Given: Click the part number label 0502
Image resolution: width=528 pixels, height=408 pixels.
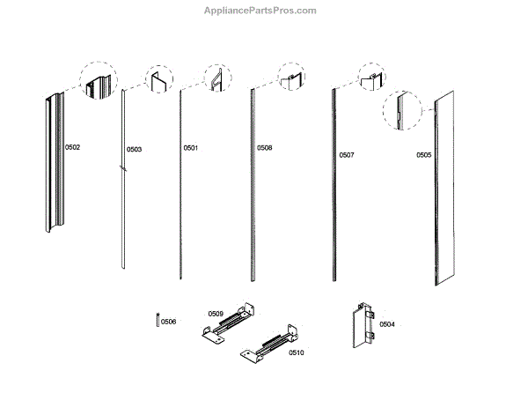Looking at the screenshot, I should click(x=72, y=147).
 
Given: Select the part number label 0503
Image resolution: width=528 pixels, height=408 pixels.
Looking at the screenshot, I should click(x=134, y=149).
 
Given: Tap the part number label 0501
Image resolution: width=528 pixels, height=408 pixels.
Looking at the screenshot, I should click(x=191, y=148).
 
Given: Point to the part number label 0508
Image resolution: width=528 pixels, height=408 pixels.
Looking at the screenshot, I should click(x=264, y=148).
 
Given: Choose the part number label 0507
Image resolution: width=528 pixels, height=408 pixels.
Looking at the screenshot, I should click(x=347, y=155).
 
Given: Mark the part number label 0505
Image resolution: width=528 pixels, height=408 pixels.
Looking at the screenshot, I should click(x=424, y=155).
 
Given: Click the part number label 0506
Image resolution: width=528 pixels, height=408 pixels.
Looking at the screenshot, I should click(x=168, y=322).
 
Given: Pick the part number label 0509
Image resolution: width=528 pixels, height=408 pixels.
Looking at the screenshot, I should click(x=216, y=313).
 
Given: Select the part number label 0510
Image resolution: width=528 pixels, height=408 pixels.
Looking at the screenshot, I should click(x=296, y=352).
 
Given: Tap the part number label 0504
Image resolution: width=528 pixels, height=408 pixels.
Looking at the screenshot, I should click(x=387, y=324).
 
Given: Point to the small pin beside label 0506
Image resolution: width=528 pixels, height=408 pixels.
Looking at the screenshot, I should click(x=156, y=319).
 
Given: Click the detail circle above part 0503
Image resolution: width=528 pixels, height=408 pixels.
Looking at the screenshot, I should click(x=159, y=81).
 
